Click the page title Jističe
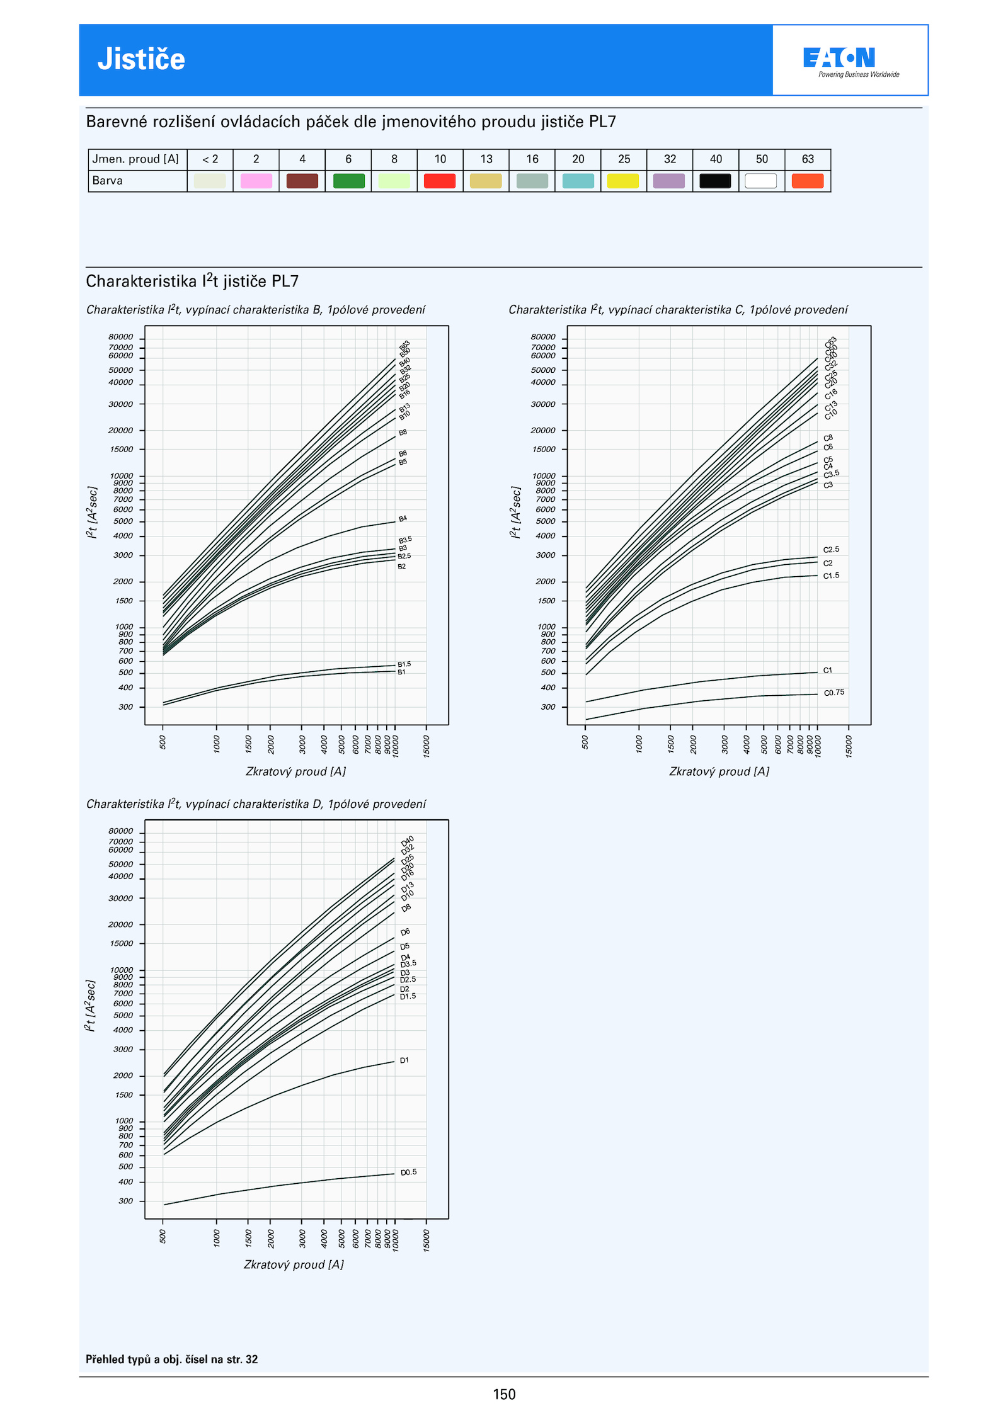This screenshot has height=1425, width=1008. pos(141,59)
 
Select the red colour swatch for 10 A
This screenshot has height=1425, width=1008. pos(440,181)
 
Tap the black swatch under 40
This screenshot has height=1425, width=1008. pos(715,181)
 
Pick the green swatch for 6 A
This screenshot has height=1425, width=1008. pos(348,181)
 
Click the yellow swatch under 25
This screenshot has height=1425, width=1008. pos(623,181)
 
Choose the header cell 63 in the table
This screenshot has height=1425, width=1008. pos(808,159)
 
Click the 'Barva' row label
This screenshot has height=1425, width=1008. pos(108,181)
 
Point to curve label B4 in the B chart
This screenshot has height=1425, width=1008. pos(403,519)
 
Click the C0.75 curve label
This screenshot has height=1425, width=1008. pos(834,693)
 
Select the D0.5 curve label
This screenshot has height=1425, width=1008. pos(408,1172)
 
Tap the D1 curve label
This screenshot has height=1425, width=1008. pos(404,1060)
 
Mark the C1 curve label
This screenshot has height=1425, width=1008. pos(827,671)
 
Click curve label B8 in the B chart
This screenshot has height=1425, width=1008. pos(403,433)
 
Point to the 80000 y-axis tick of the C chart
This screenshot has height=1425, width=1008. pos(543,337)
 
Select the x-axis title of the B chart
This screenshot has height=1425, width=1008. pos(295,771)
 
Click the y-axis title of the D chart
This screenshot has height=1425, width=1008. pos(91,1006)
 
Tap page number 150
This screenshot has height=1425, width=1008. pos(504,1394)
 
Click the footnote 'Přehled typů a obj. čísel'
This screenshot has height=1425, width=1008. pos(171,1359)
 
